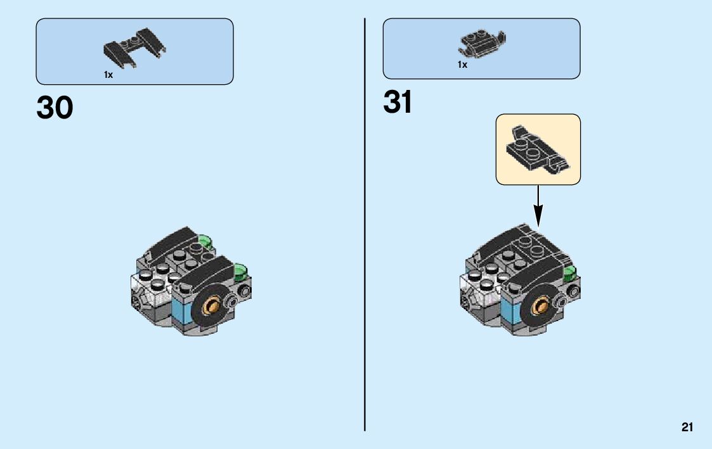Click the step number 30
[x=55, y=108]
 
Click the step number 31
[x=398, y=103]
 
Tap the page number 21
[x=687, y=428]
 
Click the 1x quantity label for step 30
[x=108, y=75]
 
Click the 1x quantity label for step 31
[x=462, y=65]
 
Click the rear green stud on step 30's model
[x=205, y=241]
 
